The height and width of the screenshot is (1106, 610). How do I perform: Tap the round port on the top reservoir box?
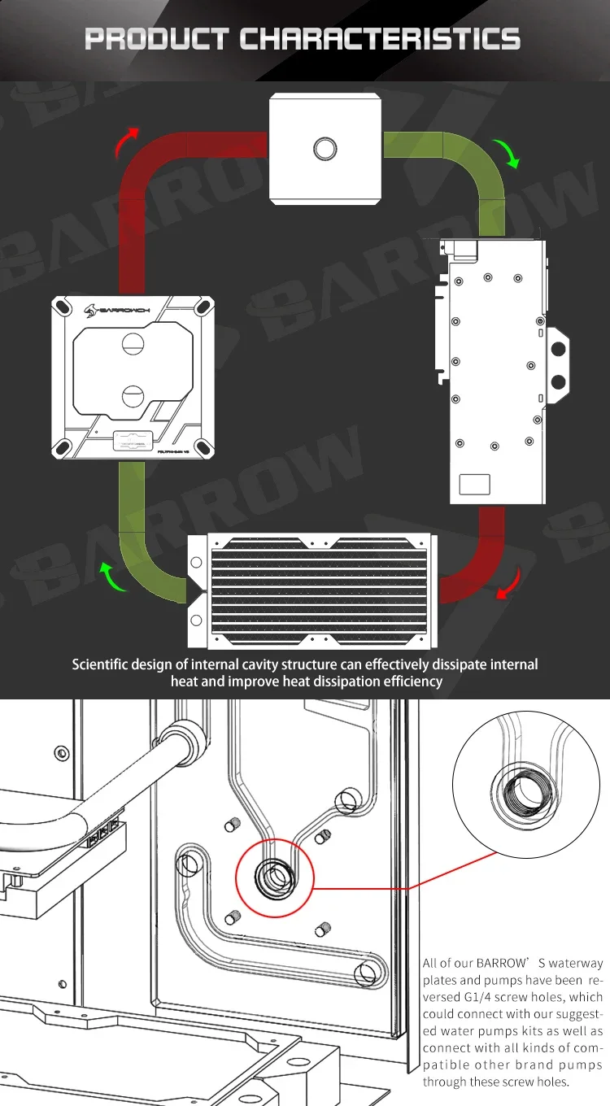(x=325, y=147)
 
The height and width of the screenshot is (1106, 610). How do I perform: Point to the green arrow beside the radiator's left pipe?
(x=115, y=575)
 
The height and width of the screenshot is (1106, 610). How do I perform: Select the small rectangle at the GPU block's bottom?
(x=476, y=483)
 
